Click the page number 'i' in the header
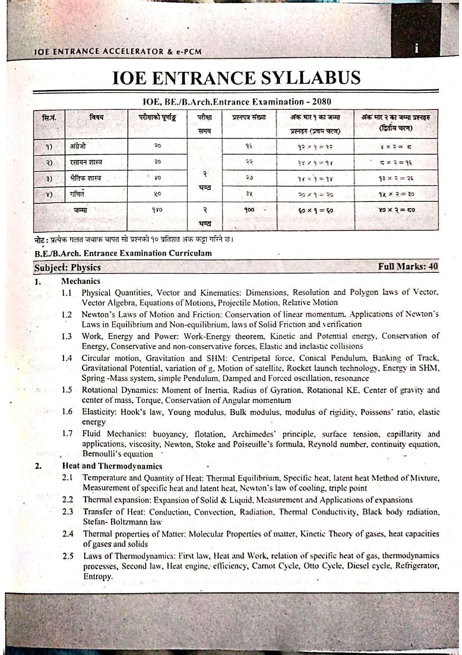[x=416, y=49]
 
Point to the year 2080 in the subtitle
[x=322, y=102]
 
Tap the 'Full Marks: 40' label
[x=408, y=266]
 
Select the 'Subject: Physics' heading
[x=67, y=268]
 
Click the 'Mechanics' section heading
[x=81, y=281]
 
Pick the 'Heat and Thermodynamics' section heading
[x=112, y=466]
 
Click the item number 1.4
[x=67, y=358]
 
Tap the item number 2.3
[x=68, y=512]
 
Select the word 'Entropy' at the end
[x=98, y=576]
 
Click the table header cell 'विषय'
[x=96, y=117]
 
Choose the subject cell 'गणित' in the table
[x=76, y=194]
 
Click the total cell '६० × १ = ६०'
[x=315, y=210]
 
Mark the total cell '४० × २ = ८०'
[x=396, y=210]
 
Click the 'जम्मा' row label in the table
[x=80, y=210]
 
